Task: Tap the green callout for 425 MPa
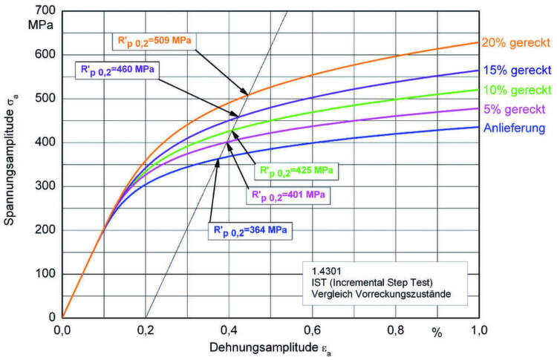pos(296,171)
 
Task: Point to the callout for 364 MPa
pos(253,229)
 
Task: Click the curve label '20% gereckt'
pos(515,42)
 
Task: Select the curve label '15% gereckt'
pos(515,71)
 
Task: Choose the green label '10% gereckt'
pos(515,91)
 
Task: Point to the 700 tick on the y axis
pos(45,10)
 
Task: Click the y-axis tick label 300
pos(45,186)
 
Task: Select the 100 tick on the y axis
pos(45,274)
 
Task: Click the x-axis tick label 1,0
pos(478,330)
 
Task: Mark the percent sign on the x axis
pos(437,332)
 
